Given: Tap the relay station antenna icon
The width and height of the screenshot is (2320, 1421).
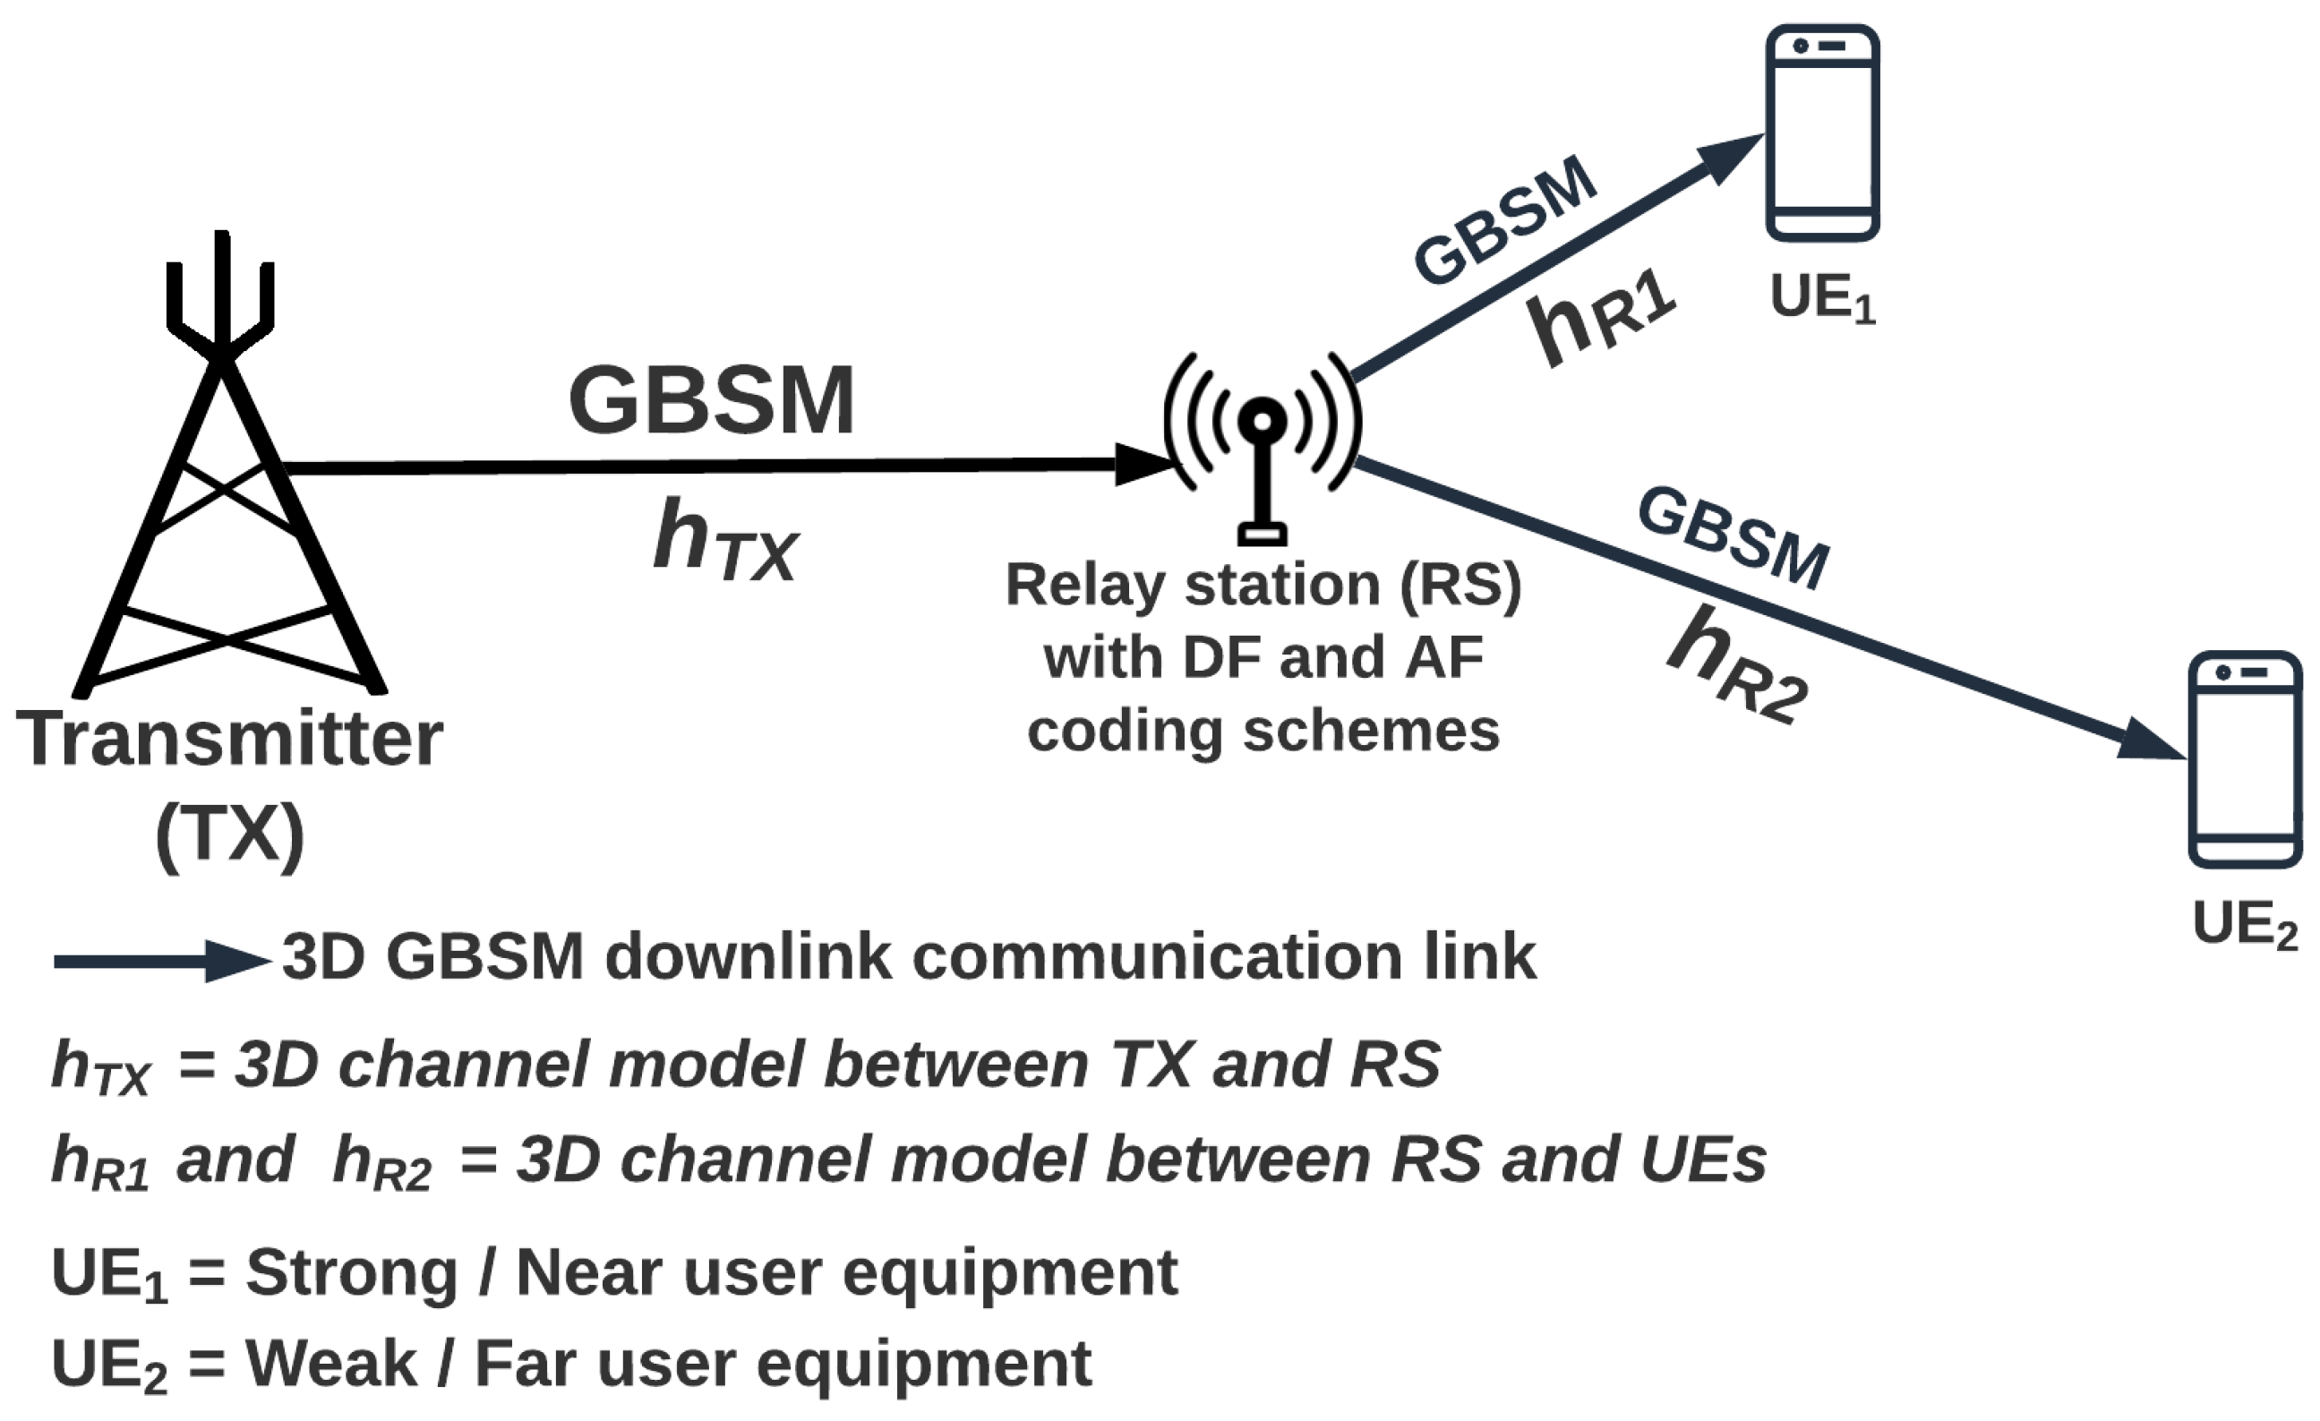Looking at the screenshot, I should (x=1262, y=442).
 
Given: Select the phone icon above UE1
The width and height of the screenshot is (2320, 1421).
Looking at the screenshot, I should (x=1822, y=132).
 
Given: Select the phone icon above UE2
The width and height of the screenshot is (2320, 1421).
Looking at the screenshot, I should (x=2245, y=759).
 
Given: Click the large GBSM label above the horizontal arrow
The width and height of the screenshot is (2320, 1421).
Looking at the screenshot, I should (x=711, y=400).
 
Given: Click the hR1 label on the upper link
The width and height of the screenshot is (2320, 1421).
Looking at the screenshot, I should (x=1601, y=321).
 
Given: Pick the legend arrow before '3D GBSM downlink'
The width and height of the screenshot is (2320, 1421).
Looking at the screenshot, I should (x=160, y=961).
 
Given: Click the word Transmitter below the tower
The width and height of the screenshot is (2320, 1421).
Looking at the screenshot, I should (x=229, y=740).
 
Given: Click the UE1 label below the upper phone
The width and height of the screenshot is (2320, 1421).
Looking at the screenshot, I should (x=1822, y=299).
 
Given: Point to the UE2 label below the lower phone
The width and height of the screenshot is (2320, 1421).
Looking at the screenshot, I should (x=2245, y=925).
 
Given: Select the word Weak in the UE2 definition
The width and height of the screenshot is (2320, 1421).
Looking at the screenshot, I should (x=330, y=1364).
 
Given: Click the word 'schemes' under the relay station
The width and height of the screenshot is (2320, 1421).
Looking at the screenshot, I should (x=1370, y=732).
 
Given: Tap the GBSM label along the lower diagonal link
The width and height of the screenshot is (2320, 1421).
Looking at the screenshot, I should (x=1733, y=539).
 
